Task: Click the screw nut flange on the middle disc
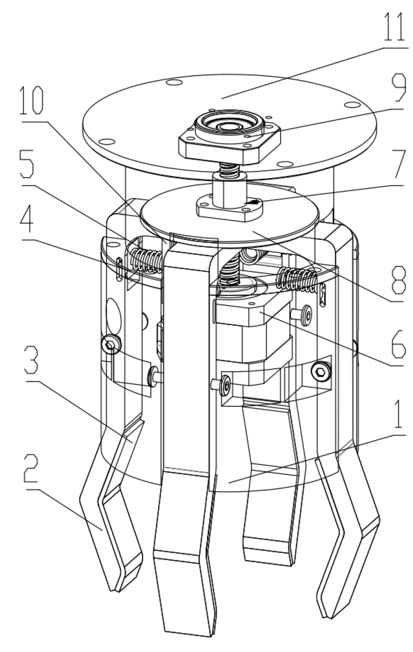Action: (228, 207)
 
